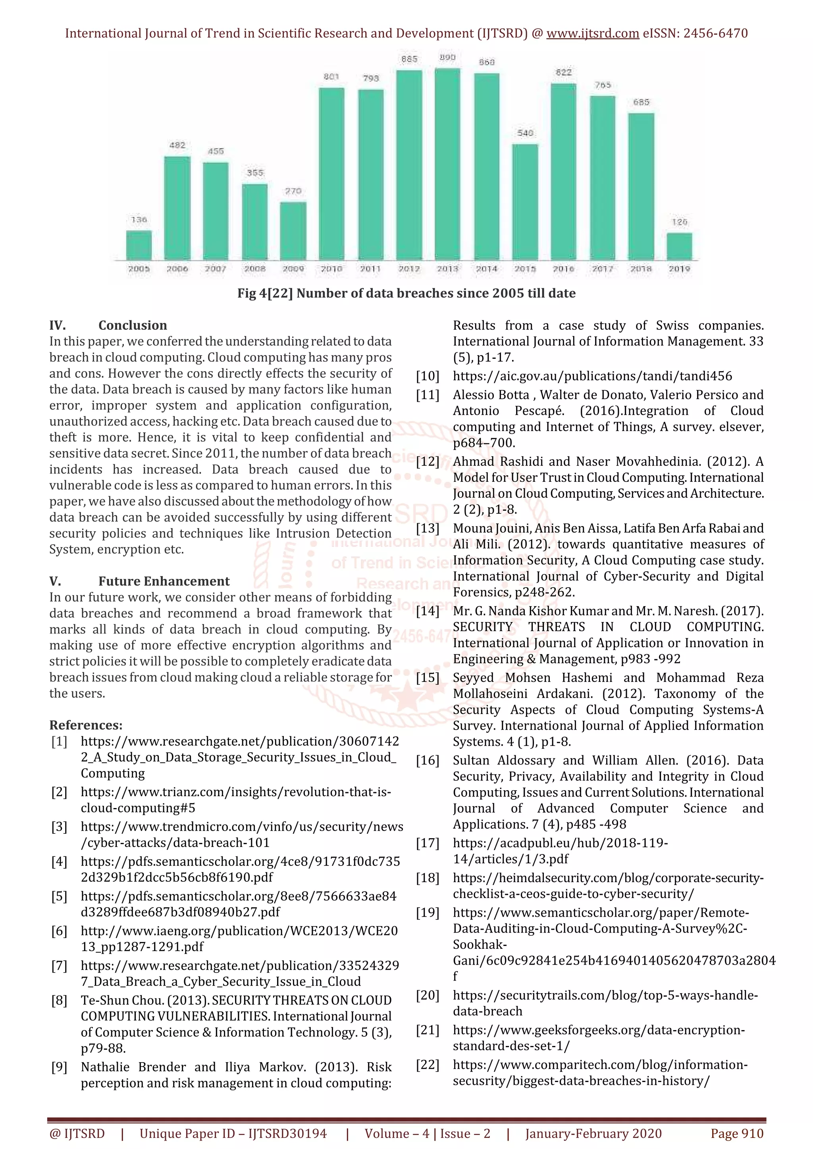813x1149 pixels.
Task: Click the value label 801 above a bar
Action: coord(331,77)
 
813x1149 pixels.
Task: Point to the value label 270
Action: coord(293,191)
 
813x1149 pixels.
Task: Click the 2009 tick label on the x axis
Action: coord(293,269)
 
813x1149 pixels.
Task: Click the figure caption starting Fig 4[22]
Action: coord(406,293)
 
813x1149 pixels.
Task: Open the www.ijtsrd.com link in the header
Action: coord(593,34)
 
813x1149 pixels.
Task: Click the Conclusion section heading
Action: coord(132,325)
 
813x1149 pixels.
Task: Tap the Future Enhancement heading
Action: coord(164,581)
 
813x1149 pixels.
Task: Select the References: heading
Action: coord(86,725)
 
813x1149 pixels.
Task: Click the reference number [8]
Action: coord(59,1000)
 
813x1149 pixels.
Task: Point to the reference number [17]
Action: coord(427,843)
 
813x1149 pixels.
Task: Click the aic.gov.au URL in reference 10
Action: coord(592,376)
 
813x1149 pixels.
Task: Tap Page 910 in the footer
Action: coord(737,1134)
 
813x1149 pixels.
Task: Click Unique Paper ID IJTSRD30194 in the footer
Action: coord(233,1134)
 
